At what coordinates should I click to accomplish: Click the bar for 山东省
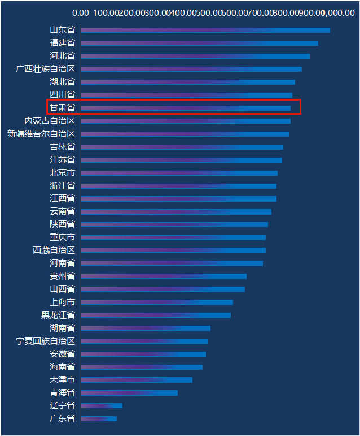(205, 30)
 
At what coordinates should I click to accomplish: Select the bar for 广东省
(99, 418)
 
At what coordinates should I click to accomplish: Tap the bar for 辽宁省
(102, 406)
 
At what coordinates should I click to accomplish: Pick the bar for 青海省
(130, 393)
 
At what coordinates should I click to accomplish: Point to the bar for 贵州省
(164, 276)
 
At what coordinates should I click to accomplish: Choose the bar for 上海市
(157, 302)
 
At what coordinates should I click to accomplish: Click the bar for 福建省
(200, 43)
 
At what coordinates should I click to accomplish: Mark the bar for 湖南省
(146, 328)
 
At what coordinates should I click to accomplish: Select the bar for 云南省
(177, 212)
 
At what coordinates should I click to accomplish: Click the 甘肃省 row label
(62, 107)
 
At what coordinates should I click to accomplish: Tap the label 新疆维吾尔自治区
(41, 134)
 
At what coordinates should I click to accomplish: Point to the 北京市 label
(62, 173)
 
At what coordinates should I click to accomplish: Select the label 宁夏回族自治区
(46, 341)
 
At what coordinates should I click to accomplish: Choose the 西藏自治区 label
(54, 250)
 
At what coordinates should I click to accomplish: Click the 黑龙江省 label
(58, 315)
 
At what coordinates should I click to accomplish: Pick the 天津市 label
(62, 380)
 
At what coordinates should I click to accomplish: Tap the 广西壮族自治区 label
(46, 69)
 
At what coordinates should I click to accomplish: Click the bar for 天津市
(137, 380)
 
